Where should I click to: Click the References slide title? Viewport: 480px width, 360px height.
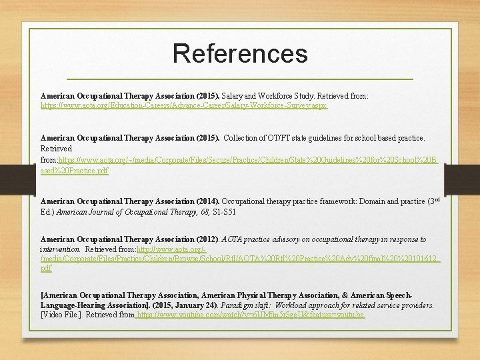pos(240,53)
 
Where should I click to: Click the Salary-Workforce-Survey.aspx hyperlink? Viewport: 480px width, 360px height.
pos(184,105)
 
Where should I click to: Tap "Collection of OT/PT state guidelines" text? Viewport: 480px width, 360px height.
pos(287,138)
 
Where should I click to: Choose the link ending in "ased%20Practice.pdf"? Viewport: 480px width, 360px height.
pos(74,171)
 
